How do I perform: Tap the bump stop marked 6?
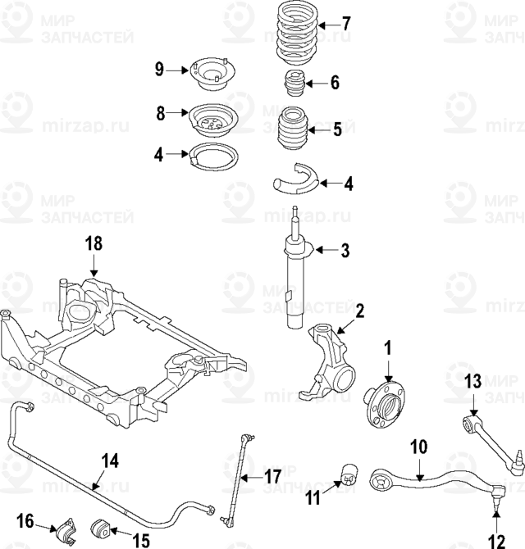293,84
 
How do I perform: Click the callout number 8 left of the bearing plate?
162,112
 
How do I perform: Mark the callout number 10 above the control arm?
418,448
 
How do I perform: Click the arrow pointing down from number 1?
386,368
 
